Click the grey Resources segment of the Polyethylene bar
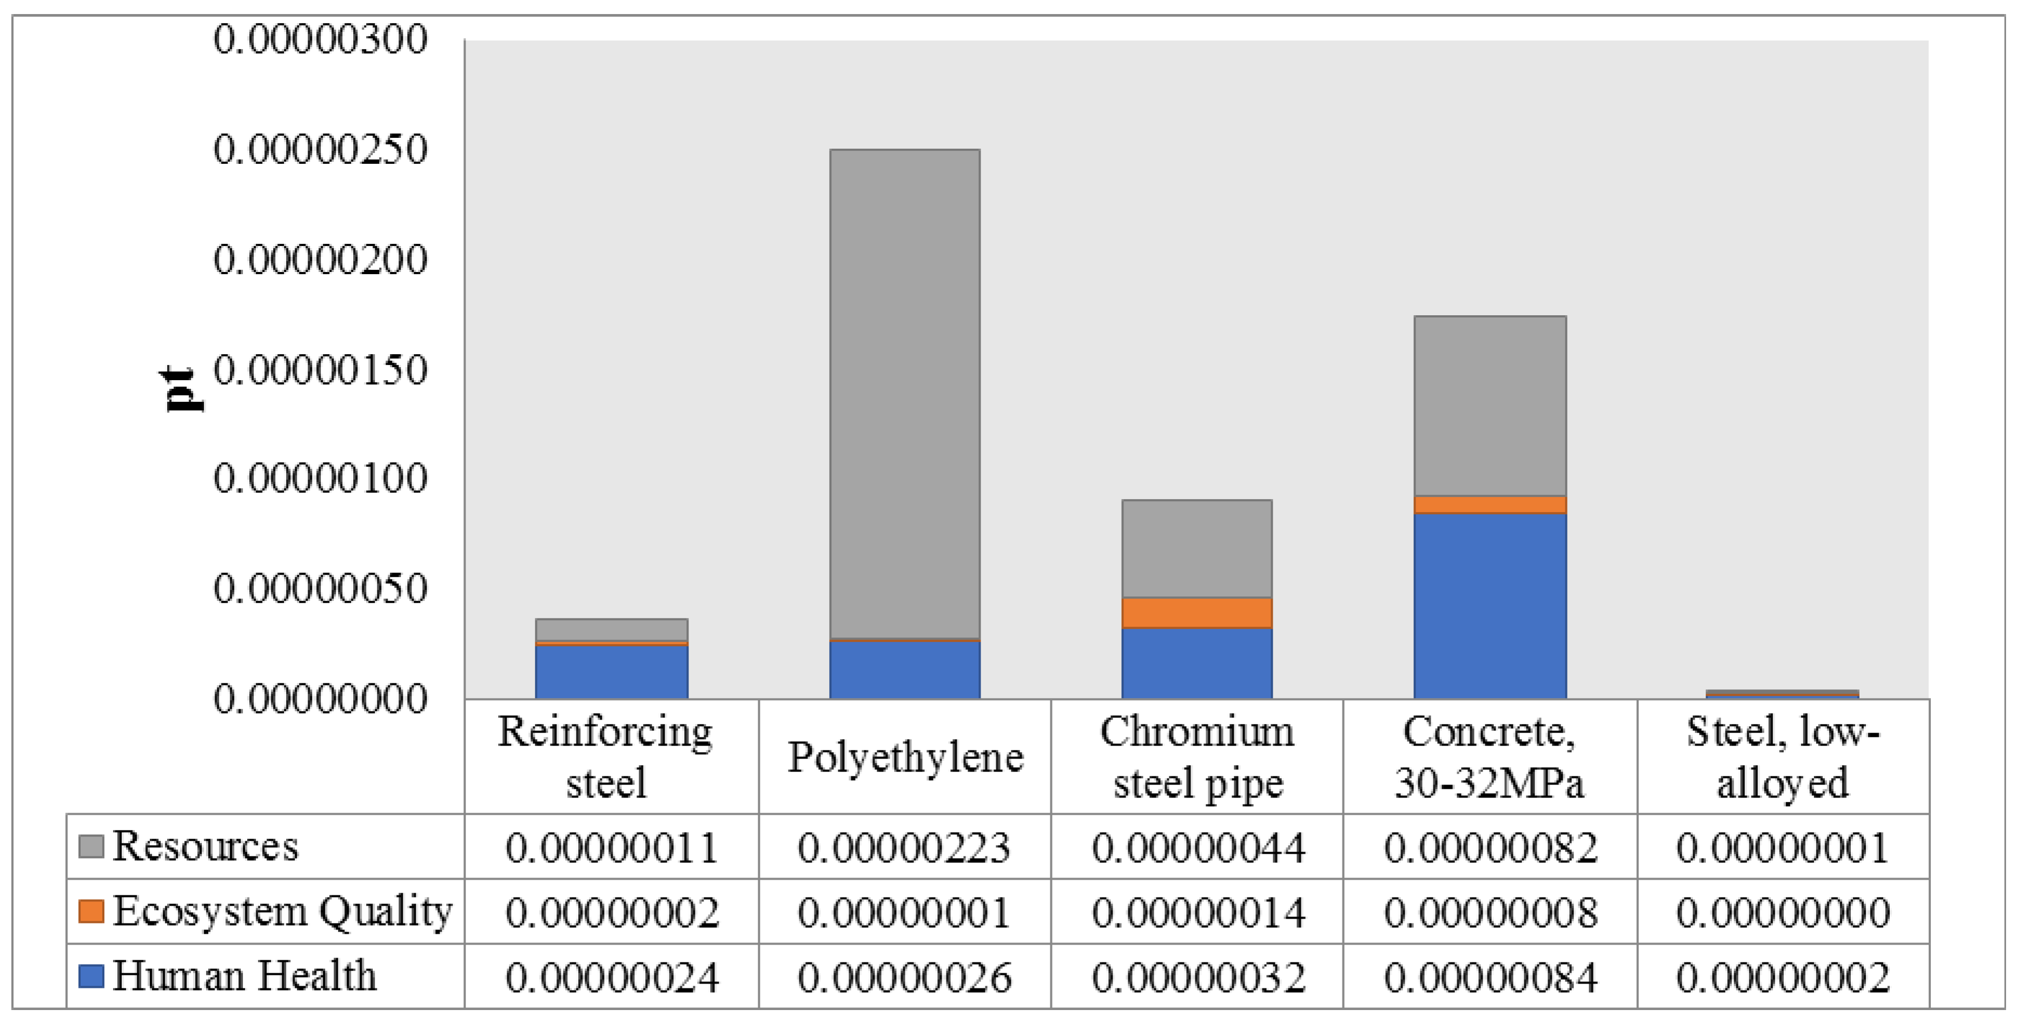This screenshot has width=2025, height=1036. pyautogui.click(x=905, y=393)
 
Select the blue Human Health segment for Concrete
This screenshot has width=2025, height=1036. pyautogui.click(x=1490, y=605)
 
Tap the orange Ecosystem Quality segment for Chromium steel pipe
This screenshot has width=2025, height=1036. pyautogui.click(x=1196, y=612)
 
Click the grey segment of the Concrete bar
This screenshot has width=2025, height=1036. pyautogui.click(x=1490, y=406)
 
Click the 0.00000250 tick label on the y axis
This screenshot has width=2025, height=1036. pyautogui.click(x=320, y=149)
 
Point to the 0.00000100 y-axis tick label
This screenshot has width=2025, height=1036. pyautogui.click(x=320, y=478)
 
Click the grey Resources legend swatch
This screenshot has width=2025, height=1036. pyautogui.click(x=91, y=847)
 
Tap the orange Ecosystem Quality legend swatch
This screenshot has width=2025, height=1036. pyautogui.click(x=91, y=912)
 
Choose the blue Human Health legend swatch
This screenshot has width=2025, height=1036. pyautogui.click(x=91, y=977)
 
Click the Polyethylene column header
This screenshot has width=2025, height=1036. pyautogui.click(x=905, y=757)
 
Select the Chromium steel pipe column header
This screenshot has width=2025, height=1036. pyautogui.click(x=1196, y=757)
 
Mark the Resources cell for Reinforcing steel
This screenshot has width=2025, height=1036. pyautogui.click(x=612, y=847)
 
